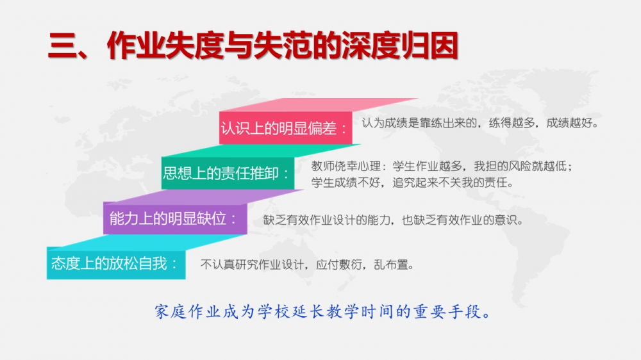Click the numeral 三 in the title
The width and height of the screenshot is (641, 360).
[63, 45]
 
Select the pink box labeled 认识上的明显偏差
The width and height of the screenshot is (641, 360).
[285, 128]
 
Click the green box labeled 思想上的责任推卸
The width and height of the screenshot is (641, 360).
[228, 173]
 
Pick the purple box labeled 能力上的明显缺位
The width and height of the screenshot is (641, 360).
[175, 219]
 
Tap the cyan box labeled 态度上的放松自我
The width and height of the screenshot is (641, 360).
[116, 264]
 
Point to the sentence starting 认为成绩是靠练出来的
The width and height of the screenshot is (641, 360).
[480, 123]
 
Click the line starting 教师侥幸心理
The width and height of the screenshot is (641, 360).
[442, 166]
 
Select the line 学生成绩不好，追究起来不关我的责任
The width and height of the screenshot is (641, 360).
[412, 183]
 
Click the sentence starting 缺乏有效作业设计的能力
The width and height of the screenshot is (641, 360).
[393, 220]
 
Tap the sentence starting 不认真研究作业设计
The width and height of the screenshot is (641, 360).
[307, 265]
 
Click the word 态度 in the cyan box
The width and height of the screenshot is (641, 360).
[65, 263]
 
